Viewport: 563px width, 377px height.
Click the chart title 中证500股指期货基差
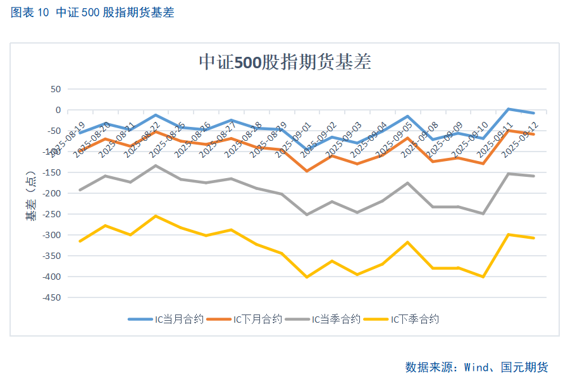coord(285,62)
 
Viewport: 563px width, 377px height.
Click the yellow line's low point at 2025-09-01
coord(307,277)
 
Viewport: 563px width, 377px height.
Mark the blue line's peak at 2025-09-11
coord(508,109)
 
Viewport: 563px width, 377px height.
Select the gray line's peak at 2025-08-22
coord(156,165)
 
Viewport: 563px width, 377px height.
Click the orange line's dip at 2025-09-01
coord(307,171)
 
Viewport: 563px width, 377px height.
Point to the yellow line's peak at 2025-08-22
coord(156,216)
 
